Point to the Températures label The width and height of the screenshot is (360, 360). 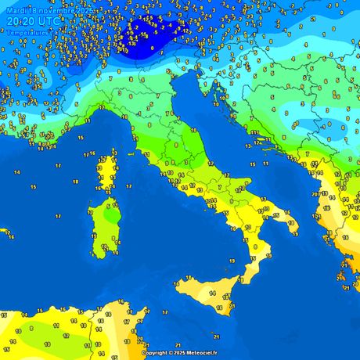(27, 33)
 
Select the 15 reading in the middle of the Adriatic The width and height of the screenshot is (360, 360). (253, 164)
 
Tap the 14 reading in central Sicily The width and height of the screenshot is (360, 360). (212, 292)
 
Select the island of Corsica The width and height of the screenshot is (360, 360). (106, 172)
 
